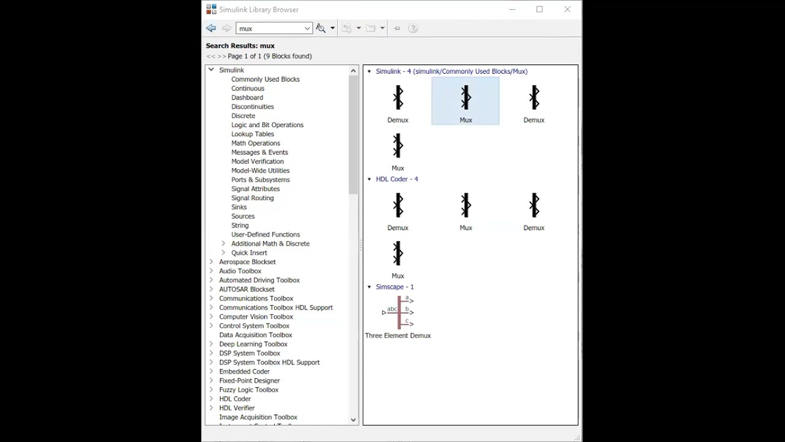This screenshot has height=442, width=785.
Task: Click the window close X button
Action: click(567, 9)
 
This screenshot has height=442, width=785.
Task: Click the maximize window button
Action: click(540, 9)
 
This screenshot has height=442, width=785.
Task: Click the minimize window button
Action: click(512, 9)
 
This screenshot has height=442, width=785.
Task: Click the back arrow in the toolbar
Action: click(211, 28)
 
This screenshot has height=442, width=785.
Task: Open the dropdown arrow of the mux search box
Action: click(307, 28)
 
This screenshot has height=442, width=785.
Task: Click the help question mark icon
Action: click(413, 28)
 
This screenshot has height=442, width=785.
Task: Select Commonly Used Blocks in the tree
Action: click(265, 79)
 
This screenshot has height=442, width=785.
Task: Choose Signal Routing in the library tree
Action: click(252, 198)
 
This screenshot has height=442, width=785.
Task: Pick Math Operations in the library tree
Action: click(255, 143)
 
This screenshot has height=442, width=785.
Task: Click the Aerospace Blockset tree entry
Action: click(247, 262)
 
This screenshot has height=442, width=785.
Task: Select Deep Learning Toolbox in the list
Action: click(253, 344)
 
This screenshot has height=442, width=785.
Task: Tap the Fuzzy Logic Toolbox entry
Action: click(248, 390)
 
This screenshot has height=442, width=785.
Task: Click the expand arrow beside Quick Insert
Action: click(223, 252)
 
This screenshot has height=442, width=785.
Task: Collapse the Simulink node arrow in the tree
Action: click(211, 70)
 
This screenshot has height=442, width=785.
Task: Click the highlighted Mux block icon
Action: click(465, 98)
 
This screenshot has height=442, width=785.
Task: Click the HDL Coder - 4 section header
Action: click(396, 179)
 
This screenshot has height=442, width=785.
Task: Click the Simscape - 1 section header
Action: click(394, 287)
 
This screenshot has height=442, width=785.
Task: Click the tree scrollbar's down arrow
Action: click(353, 420)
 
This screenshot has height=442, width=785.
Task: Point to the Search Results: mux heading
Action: click(240, 45)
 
